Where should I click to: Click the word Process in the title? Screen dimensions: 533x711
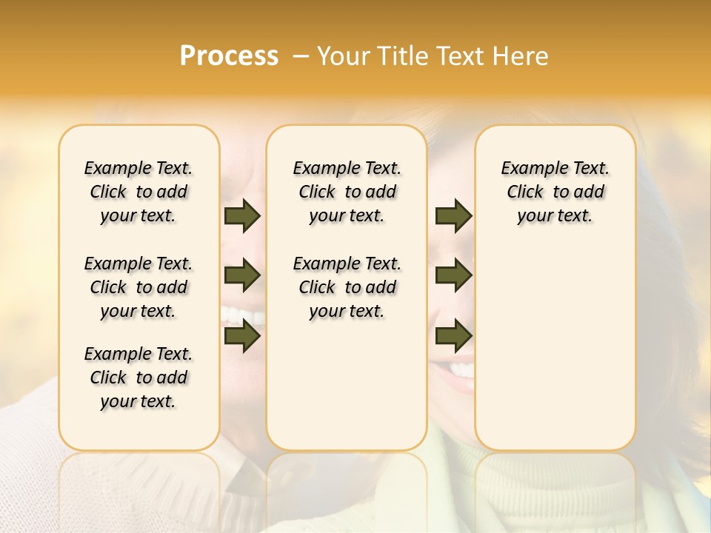(229, 56)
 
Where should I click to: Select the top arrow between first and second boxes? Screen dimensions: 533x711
(242, 216)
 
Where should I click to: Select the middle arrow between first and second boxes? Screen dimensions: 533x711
(242, 276)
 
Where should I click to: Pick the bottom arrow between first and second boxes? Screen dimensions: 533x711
(242, 337)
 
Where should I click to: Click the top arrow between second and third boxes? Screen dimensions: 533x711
(453, 216)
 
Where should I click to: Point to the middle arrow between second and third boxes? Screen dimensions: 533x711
(453, 276)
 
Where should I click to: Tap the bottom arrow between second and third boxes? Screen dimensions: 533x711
(453, 337)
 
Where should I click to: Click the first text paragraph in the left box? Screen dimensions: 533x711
(138, 192)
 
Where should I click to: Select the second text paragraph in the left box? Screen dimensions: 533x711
(138, 287)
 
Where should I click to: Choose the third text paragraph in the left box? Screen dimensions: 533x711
(138, 378)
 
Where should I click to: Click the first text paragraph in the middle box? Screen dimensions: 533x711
(347, 192)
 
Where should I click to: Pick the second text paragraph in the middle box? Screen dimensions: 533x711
(347, 287)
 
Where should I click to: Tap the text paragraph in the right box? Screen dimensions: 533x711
(555, 192)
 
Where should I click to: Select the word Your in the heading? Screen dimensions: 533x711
(344, 56)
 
